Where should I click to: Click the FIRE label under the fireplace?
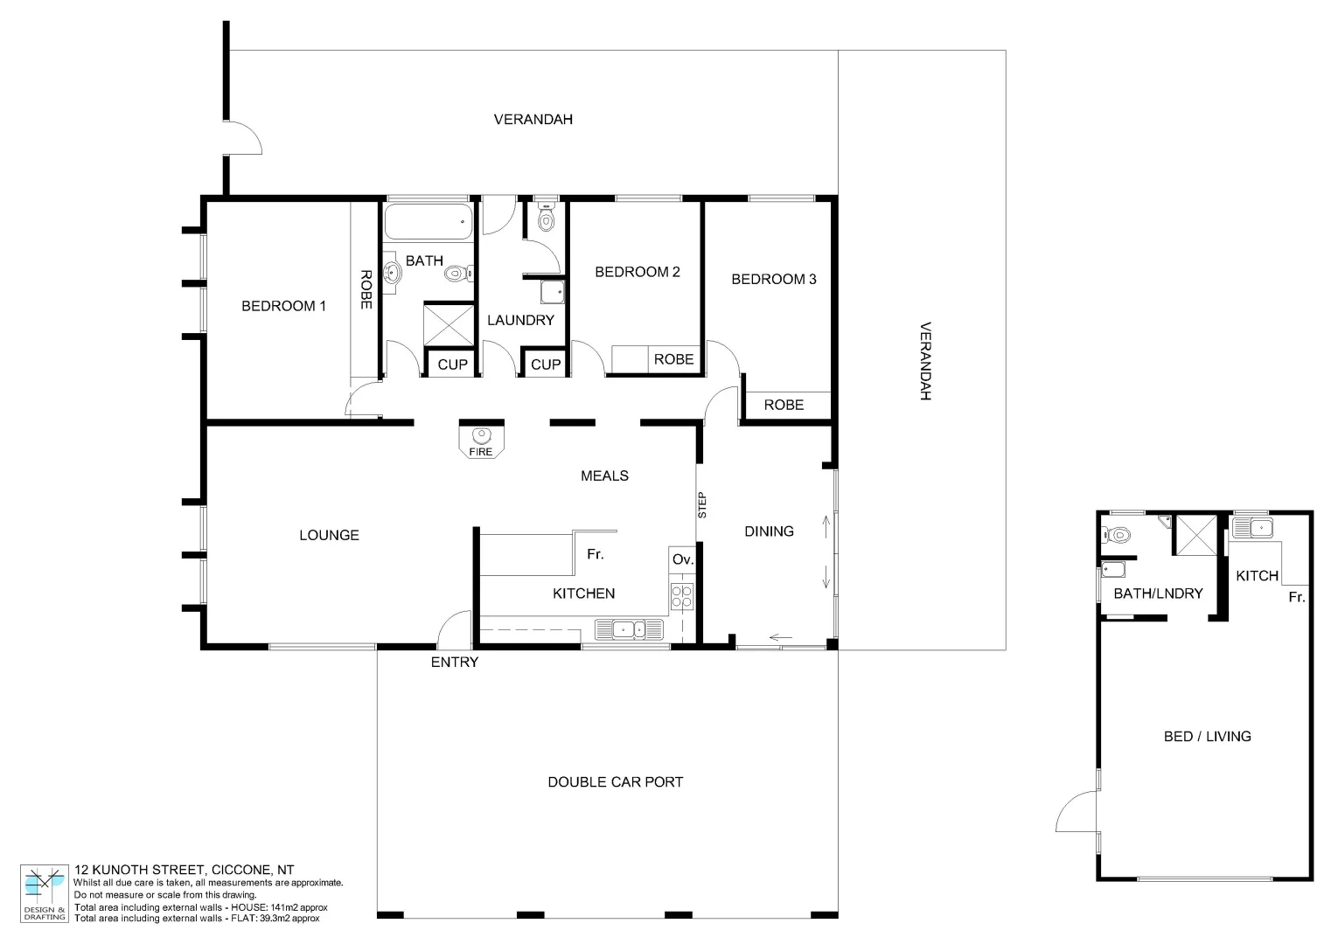pos(481,452)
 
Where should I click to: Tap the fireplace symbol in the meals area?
pos(481,435)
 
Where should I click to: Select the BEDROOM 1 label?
pos(283,306)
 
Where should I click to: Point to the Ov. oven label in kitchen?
pos(682,559)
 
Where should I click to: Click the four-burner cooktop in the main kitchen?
pos(681,596)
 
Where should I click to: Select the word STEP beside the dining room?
pos(702,505)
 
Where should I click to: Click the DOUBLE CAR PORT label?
pos(615,782)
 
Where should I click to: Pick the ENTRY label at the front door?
pos(455,663)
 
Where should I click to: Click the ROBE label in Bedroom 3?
pos(784,405)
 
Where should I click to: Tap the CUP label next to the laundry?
pos(546,364)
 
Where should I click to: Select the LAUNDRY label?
pos(520,320)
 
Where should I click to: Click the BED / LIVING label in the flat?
pos(1207,736)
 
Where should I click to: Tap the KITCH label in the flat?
pos(1257,575)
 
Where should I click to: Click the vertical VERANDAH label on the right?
pos(925,362)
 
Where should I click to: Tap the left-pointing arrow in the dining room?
pos(782,637)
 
